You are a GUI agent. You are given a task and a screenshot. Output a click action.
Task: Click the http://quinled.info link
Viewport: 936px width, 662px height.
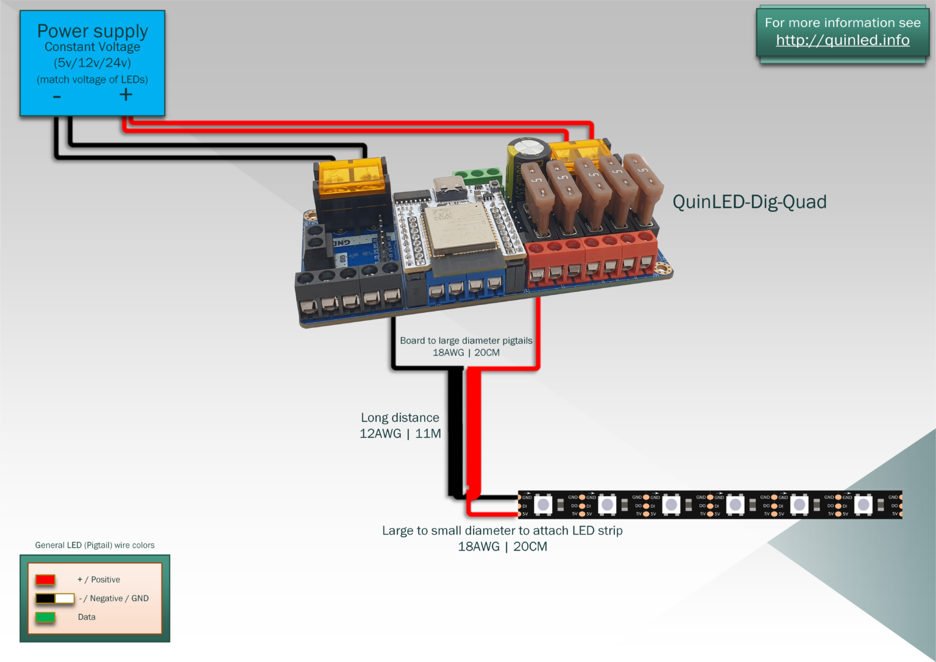pyautogui.click(x=842, y=40)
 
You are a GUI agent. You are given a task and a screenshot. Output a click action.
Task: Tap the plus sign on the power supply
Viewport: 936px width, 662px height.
pyautogui.click(x=126, y=94)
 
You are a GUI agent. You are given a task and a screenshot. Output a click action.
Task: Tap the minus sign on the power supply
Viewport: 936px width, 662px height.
pyautogui.click(x=57, y=96)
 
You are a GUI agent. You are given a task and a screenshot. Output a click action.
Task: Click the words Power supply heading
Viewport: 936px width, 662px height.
pyautogui.click(x=93, y=30)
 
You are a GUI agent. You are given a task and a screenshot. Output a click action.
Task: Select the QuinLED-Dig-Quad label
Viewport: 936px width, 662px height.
pyautogui.click(x=749, y=202)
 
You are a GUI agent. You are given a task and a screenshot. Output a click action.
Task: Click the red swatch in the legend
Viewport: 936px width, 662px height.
pyautogui.click(x=45, y=579)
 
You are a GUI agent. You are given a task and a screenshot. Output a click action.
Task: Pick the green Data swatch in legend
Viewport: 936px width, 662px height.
pyautogui.click(x=45, y=617)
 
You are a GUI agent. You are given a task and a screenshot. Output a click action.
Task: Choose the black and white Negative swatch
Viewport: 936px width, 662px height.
pyautogui.click(x=54, y=598)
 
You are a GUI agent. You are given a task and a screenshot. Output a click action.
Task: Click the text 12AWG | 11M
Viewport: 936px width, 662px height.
pyautogui.click(x=400, y=433)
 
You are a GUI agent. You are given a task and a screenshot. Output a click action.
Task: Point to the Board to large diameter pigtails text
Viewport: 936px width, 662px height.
pyautogui.click(x=466, y=340)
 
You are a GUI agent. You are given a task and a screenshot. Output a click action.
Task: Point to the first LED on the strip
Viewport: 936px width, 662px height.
pyautogui.click(x=543, y=505)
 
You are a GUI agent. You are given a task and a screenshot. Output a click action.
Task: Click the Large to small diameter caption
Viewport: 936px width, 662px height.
pyautogui.click(x=502, y=530)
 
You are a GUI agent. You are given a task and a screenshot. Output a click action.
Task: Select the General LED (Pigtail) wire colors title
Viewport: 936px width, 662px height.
pyautogui.click(x=94, y=545)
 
